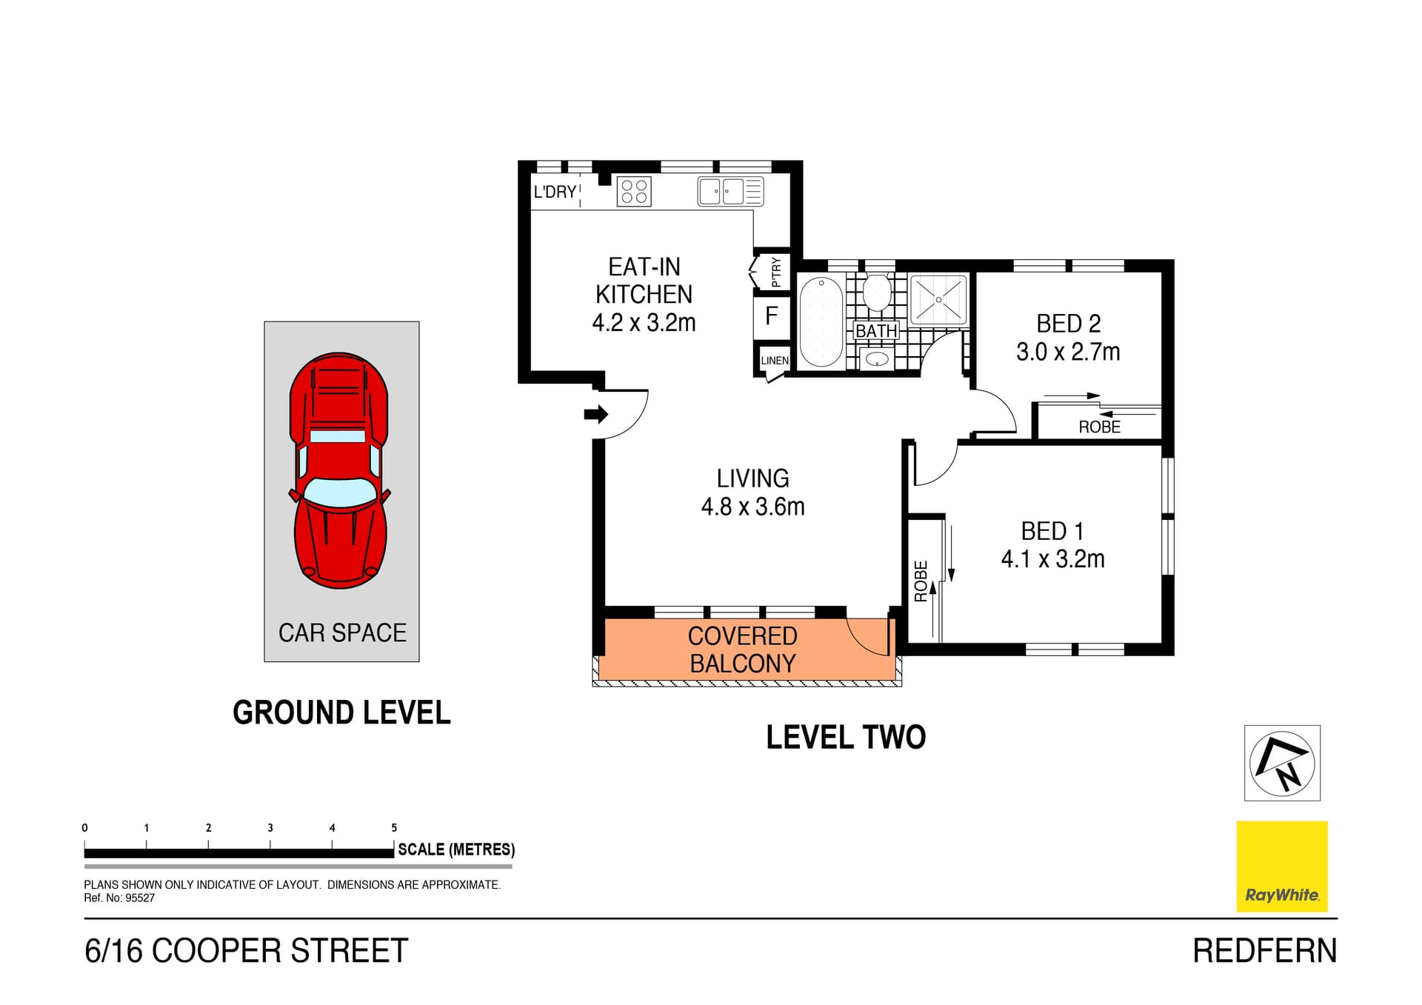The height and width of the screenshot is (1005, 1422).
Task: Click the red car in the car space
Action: [x=340, y=470]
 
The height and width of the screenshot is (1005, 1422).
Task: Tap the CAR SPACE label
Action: [x=342, y=632]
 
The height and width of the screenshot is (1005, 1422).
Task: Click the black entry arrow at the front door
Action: [x=595, y=414]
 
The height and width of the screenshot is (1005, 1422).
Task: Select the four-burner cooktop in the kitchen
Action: [x=634, y=192]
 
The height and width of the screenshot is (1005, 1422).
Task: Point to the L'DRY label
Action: [x=555, y=192]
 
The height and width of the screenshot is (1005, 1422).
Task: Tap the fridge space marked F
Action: [x=772, y=316]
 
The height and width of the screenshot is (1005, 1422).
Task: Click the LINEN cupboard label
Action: [x=775, y=361]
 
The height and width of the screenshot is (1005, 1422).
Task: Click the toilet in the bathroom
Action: [x=877, y=293]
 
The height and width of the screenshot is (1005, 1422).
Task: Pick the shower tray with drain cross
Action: [x=938, y=300]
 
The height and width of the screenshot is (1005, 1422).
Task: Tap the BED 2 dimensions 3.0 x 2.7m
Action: [x=1068, y=352]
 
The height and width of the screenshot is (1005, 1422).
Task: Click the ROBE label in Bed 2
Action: [x=1099, y=427]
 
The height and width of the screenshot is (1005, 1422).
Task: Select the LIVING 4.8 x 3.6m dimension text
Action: [x=752, y=507]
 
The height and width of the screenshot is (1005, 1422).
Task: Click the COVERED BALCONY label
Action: [x=743, y=650]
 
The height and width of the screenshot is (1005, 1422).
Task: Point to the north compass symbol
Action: [x=1282, y=763]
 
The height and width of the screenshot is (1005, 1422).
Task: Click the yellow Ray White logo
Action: [x=1282, y=866]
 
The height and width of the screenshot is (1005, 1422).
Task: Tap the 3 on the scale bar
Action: [x=270, y=828]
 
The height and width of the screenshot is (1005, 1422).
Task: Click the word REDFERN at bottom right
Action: [x=1264, y=951]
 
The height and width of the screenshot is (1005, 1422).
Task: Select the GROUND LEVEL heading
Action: [x=341, y=712]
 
